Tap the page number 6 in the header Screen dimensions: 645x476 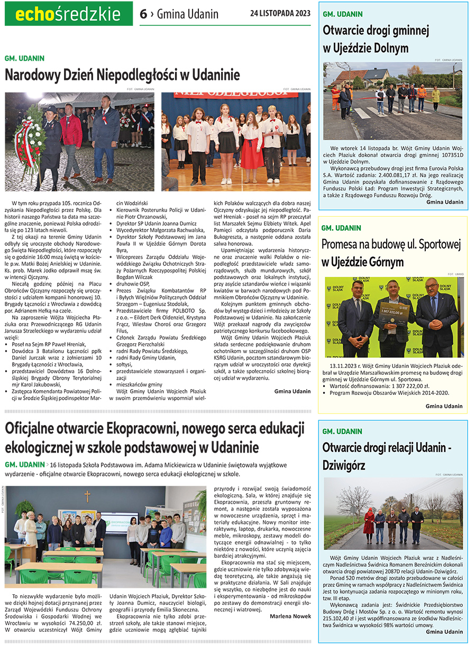[x=143, y=14]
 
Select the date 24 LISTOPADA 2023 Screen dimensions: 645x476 [x=280, y=13]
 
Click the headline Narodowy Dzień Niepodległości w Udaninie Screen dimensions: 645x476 [x=122, y=75]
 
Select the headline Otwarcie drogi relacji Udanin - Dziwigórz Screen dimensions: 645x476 [x=386, y=456]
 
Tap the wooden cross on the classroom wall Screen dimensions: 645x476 [x=87, y=496]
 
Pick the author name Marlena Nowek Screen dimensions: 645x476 [x=290, y=616]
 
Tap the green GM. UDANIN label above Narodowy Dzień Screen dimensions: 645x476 [x=24, y=58]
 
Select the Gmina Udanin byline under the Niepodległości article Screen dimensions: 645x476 [x=292, y=391]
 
